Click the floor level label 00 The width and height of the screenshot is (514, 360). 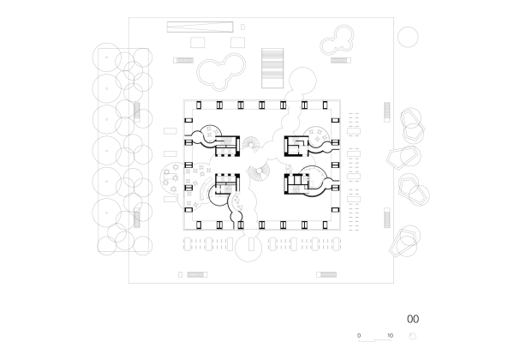(413, 318)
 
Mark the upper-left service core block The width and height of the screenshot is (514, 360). (227, 145)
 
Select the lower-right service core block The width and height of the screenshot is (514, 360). (296, 182)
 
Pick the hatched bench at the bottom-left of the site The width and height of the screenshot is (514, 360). (196, 275)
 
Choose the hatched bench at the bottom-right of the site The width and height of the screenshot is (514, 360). (327, 275)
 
